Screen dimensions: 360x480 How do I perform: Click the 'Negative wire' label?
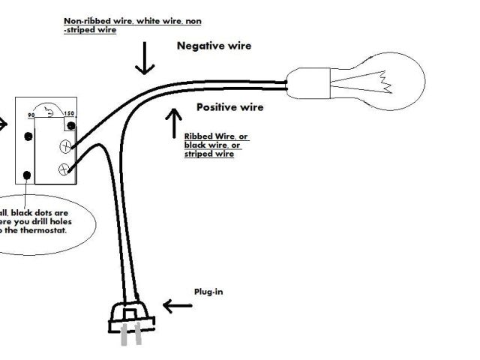pos(214,46)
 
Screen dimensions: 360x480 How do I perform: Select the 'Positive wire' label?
pos(229,107)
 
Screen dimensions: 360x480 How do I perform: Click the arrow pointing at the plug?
pos(177,306)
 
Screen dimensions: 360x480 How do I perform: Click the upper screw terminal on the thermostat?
pos(67,145)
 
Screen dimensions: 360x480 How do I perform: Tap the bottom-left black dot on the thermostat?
pos(28,175)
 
